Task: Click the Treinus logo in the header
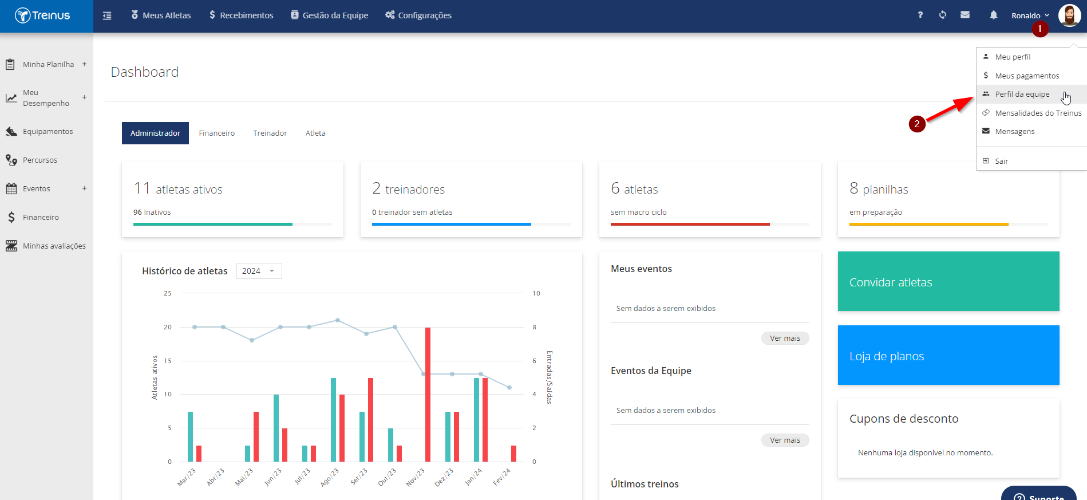pyautogui.click(x=42, y=15)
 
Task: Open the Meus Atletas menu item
pyautogui.click(x=161, y=15)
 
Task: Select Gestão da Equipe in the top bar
pyautogui.click(x=329, y=15)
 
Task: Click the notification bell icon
pyautogui.click(x=994, y=15)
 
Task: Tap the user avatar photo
pyautogui.click(x=1069, y=15)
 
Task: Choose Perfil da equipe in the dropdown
pyautogui.click(x=1022, y=94)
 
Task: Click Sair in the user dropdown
pyautogui.click(x=1001, y=161)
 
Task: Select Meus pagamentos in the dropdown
pyautogui.click(x=1027, y=76)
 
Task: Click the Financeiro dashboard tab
pyautogui.click(x=217, y=133)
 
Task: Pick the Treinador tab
pyautogui.click(x=270, y=133)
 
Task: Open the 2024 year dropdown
pyautogui.click(x=259, y=271)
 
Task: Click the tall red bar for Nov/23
pyautogui.click(x=428, y=395)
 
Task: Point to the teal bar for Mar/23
pyautogui.click(x=190, y=436)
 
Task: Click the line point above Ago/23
pyautogui.click(x=338, y=320)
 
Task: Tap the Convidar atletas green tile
pyautogui.click(x=948, y=281)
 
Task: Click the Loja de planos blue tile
pyautogui.click(x=948, y=355)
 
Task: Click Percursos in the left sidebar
pyautogui.click(x=40, y=160)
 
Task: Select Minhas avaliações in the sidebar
pyautogui.click(x=54, y=246)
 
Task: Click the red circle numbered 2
pyautogui.click(x=917, y=124)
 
